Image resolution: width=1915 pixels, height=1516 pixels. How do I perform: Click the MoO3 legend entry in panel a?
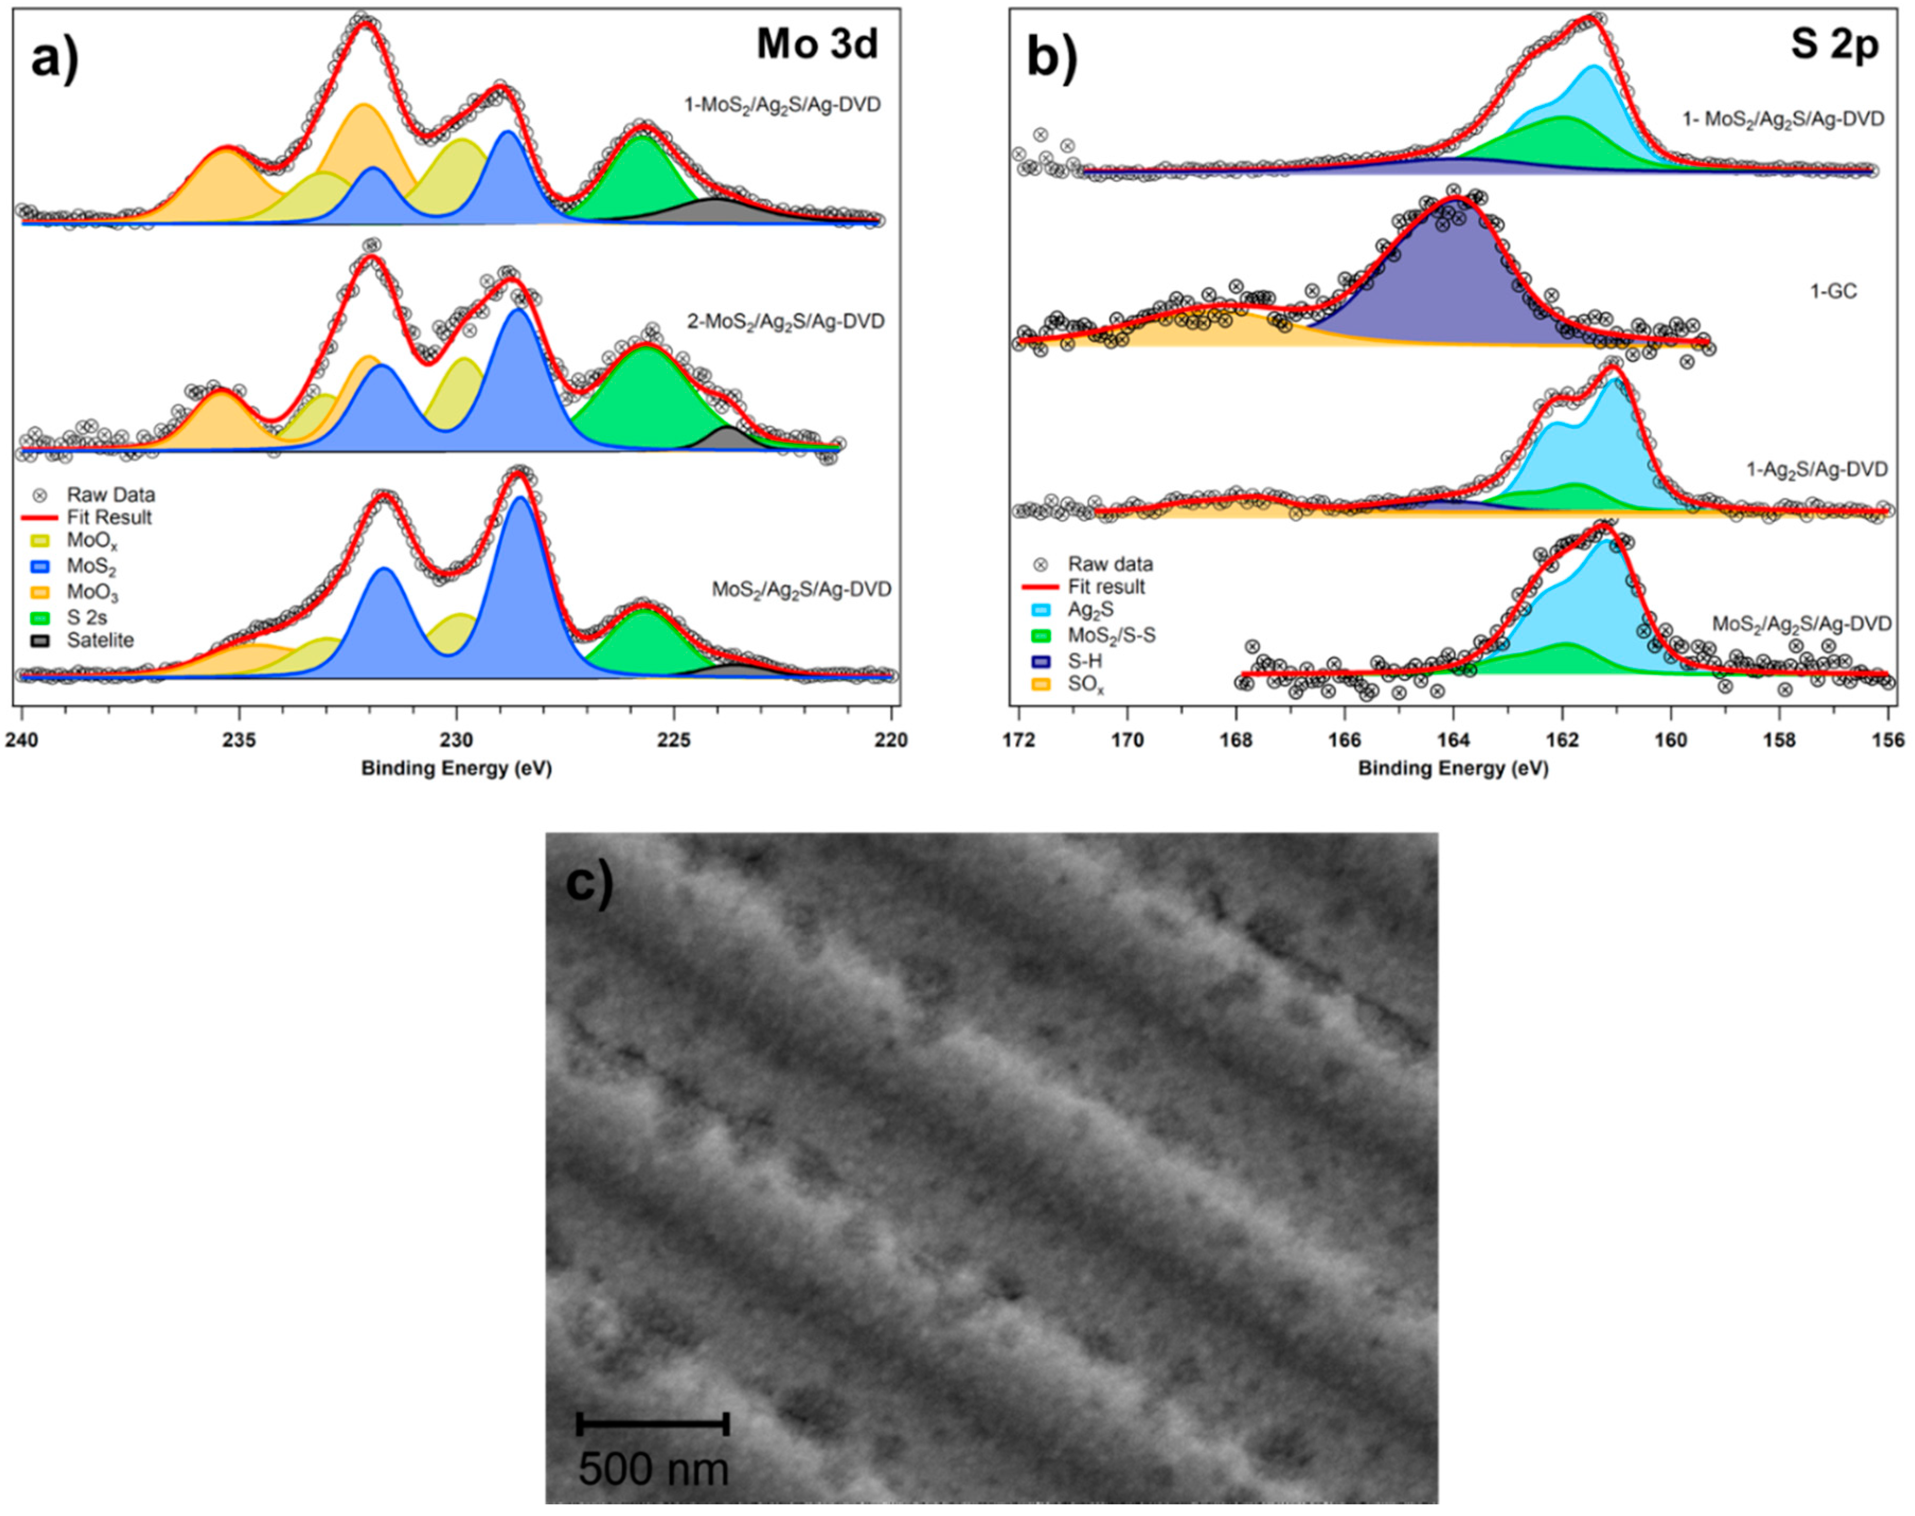(92, 593)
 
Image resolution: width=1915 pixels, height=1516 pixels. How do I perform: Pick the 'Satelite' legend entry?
(100, 640)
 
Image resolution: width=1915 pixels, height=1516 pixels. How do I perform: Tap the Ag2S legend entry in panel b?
(1090, 610)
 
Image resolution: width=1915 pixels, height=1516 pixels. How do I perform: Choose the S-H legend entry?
(1085, 661)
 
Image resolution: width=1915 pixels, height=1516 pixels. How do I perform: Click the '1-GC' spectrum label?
(1833, 291)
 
